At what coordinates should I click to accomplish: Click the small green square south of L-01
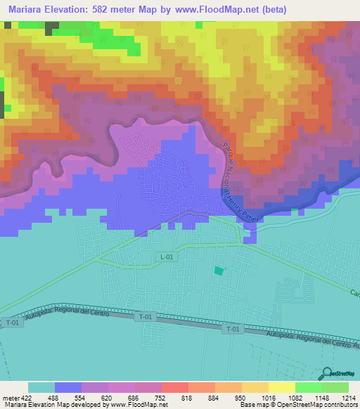point(219,271)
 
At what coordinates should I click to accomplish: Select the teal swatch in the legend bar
point(41,387)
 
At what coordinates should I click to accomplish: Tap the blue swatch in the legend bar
point(68,387)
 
